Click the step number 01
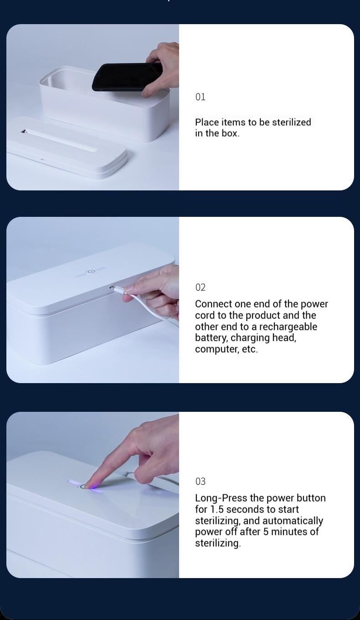tap(200, 97)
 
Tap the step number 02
tap(201, 287)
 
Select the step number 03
tap(201, 482)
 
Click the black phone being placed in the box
tap(127, 77)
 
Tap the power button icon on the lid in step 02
tap(89, 272)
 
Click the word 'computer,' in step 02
tap(217, 349)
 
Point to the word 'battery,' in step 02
tap(211, 338)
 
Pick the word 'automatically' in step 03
tap(293, 521)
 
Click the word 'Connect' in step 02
tap(214, 304)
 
